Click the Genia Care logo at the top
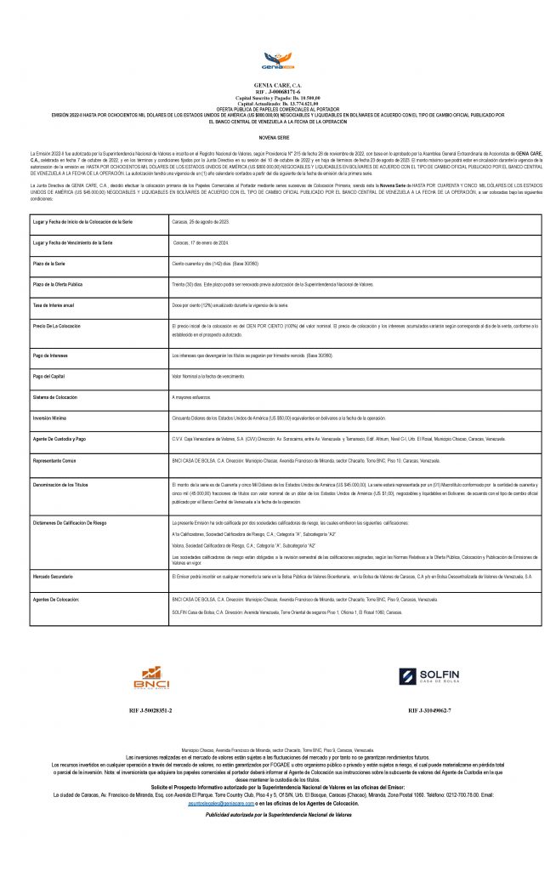coord(277,62)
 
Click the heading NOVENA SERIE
coord(278,136)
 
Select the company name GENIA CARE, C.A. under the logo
coord(278,86)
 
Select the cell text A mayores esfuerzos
coord(192,396)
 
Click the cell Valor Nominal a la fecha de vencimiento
coord(213,375)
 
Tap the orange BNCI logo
coord(151,677)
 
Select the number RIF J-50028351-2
coord(151,709)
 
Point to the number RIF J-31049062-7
coord(429,709)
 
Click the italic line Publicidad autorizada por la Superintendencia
coord(278,814)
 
